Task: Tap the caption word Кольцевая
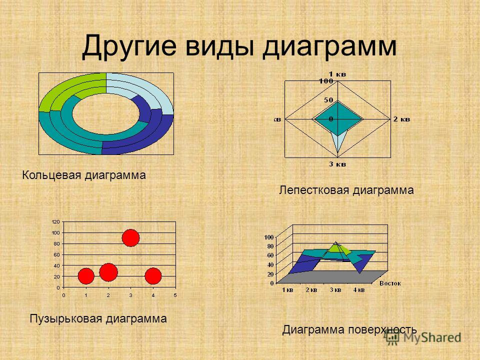(x=51, y=175)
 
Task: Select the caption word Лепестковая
(x=314, y=190)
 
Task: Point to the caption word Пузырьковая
(x=66, y=318)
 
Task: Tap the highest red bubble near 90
(x=130, y=238)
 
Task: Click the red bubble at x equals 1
(x=86, y=276)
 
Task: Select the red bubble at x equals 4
(x=153, y=276)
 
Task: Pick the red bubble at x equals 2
(x=108, y=272)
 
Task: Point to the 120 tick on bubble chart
(x=56, y=222)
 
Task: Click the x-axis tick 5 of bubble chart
(x=175, y=295)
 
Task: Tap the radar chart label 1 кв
(x=337, y=74)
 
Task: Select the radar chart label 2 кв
(x=401, y=119)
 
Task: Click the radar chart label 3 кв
(x=337, y=164)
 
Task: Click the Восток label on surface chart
(x=390, y=283)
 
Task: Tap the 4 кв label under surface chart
(x=359, y=290)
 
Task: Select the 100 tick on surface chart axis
(x=269, y=237)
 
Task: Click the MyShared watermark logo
(x=423, y=337)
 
